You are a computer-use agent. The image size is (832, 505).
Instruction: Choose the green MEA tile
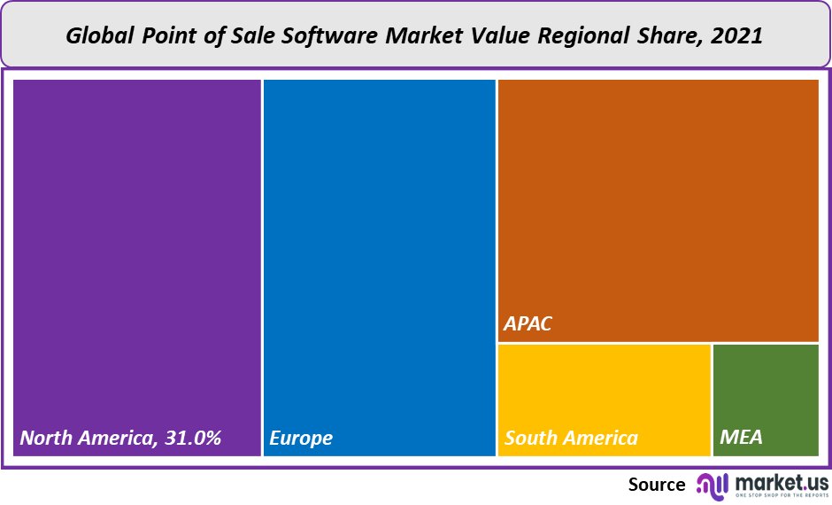point(766,390)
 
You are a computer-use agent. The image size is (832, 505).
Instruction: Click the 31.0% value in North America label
point(190,438)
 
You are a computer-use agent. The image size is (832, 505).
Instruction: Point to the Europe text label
point(301,438)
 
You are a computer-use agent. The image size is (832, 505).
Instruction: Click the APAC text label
point(528,323)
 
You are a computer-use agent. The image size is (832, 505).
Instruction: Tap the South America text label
point(571,438)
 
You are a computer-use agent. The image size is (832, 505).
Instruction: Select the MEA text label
point(741,438)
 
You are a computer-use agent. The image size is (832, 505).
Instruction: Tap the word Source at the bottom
point(657,485)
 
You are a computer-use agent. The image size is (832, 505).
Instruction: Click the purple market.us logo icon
point(712,485)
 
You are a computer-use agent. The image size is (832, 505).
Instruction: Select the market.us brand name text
point(778,481)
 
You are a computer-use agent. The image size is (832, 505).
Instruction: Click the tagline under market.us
point(778,495)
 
